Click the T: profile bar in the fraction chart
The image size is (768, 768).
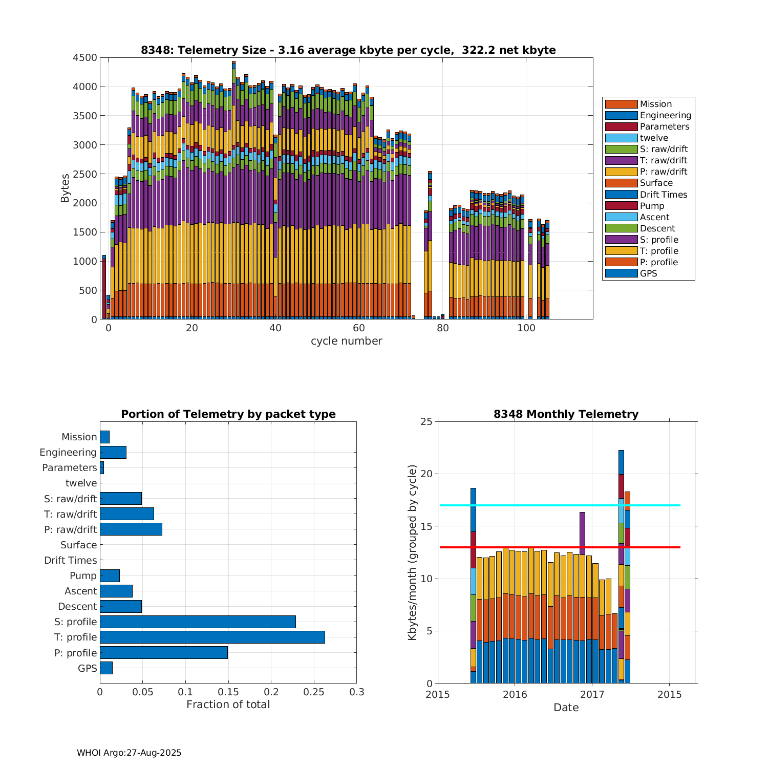[x=212, y=637]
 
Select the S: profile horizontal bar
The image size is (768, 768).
[x=198, y=622]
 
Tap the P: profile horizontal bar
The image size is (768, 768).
[x=164, y=653]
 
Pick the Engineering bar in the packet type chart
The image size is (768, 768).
[x=113, y=452]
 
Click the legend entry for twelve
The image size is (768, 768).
[x=654, y=138]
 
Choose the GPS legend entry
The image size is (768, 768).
[x=648, y=273]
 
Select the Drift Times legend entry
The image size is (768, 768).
[x=663, y=195]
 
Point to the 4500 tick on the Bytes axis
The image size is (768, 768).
[x=85, y=58]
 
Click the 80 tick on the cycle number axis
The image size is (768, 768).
[x=443, y=328]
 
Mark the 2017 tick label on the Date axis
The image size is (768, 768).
[x=592, y=694]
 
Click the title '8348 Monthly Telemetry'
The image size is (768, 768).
[x=566, y=414]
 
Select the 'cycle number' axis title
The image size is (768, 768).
[x=346, y=341]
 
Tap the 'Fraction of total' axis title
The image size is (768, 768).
[x=228, y=705]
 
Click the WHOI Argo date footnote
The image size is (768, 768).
[x=129, y=753]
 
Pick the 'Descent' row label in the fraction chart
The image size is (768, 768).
[x=77, y=606]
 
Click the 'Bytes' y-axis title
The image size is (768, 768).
[x=65, y=188]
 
